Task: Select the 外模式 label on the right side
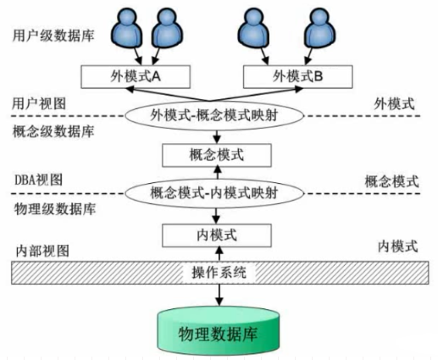click(x=395, y=103)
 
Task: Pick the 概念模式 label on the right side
click(x=391, y=180)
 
